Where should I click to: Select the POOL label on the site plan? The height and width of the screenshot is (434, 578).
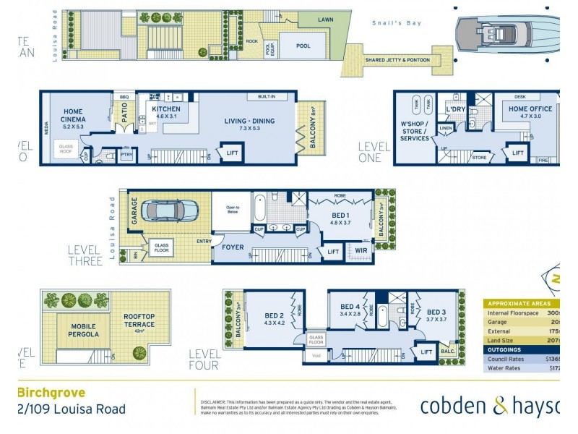click(303, 46)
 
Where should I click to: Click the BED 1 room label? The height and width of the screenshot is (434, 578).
click(340, 219)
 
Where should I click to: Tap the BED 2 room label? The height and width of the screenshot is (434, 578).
click(275, 319)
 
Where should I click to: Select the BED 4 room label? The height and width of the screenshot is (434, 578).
click(350, 311)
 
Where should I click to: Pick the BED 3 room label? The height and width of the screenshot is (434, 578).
click(436, 315)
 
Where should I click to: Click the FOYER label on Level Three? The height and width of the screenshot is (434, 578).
click(233, 246)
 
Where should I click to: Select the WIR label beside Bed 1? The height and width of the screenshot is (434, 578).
click(361, 251)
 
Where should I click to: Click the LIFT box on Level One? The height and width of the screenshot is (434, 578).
click(517, 153)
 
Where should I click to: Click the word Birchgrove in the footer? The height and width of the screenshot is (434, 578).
click(51, 393)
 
